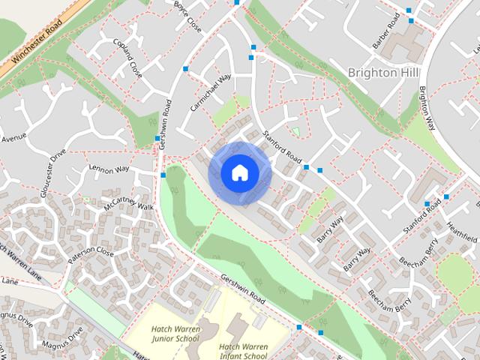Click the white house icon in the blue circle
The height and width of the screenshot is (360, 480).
pyautogui.click(x=239, y=172)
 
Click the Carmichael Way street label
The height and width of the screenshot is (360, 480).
pyautogui.click(x=211, y=93)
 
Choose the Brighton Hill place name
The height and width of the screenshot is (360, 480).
pyautogui.click(x=383, y=72)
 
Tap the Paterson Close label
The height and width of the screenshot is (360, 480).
pyautogui.click(x=90, y=251)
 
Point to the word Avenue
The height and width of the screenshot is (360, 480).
pyautogui.click(x=13, y=139)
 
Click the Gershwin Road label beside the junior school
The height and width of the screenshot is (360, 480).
pyautogui.click(x=242, y=289)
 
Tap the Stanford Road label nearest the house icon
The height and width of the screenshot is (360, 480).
pyautogui.click(x=283, y=148)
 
